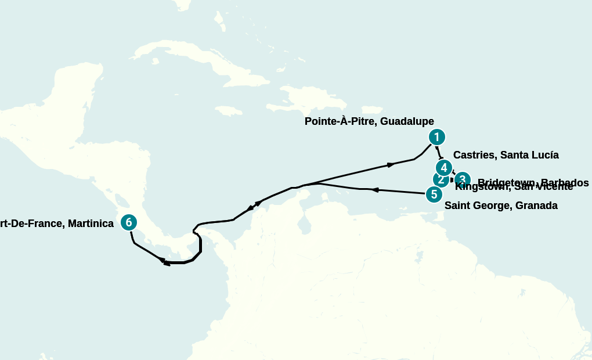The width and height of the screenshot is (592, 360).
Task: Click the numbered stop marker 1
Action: click(x=436, y=137)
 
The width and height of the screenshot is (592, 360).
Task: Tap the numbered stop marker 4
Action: click(x=444, y=168)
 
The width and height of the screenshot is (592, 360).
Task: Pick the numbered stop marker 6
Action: click(x=129, y=222)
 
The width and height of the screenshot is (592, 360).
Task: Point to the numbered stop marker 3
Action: click(x=463, y=179)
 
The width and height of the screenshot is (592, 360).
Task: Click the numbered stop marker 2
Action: click(x=441, y=179)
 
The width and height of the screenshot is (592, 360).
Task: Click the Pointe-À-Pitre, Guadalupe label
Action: click(x=369, y=121)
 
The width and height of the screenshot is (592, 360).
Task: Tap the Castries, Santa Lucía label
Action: click(x=506, y=155)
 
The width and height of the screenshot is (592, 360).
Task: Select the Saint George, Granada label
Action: click(x=500, y=206)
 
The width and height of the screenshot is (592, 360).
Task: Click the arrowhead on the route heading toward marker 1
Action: click(x=391, y=165)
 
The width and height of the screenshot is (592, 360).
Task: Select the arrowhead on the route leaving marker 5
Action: click(x=375, y=189)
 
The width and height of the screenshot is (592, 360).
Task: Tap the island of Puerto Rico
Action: click(x=371, y=110)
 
